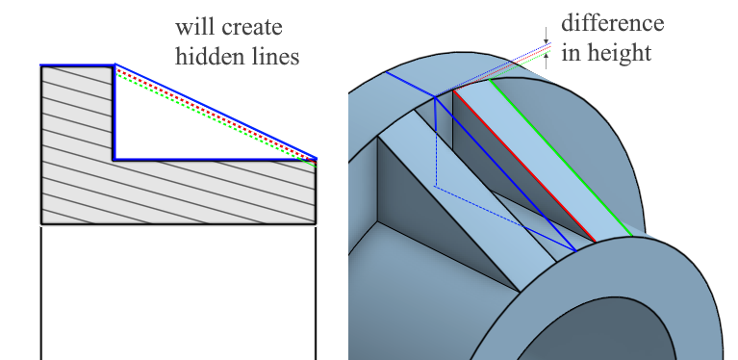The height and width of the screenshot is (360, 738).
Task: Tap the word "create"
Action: (251, 28)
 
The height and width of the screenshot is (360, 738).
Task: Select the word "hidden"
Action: (205, 56)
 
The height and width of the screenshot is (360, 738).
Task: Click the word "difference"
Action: (612, 22)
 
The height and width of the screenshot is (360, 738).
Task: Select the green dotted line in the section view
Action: (216, 120)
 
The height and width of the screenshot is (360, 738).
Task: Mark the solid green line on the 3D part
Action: (561, 157)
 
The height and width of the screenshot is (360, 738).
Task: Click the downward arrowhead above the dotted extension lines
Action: (546, 41)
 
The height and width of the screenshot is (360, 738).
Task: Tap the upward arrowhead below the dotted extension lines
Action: (546, 55)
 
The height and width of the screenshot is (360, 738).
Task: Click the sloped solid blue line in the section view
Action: (216, 111)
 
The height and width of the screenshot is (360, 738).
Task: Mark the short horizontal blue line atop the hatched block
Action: (78, 64)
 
